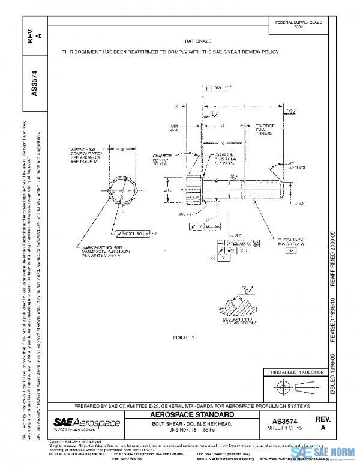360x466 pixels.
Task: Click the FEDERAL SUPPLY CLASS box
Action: [298, 24]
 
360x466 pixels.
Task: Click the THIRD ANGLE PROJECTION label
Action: [294, 372]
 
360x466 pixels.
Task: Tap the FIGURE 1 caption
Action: [180, 338]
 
